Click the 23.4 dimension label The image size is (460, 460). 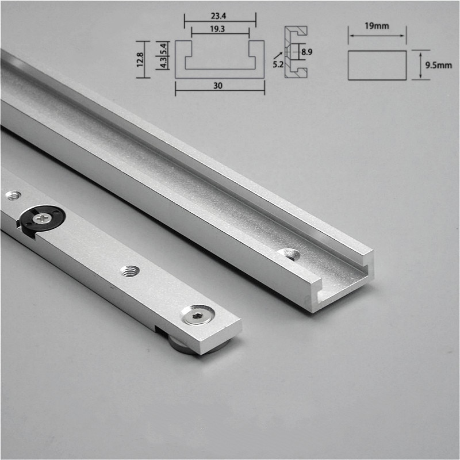pyautogui.click(x=220, y=16)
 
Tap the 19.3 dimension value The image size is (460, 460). pyautogui.click(x=220, y=28)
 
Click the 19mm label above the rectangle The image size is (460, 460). pyautogui.click(x=377, y=26)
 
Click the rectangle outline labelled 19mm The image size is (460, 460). pyautogui.click(x=377, y=65)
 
